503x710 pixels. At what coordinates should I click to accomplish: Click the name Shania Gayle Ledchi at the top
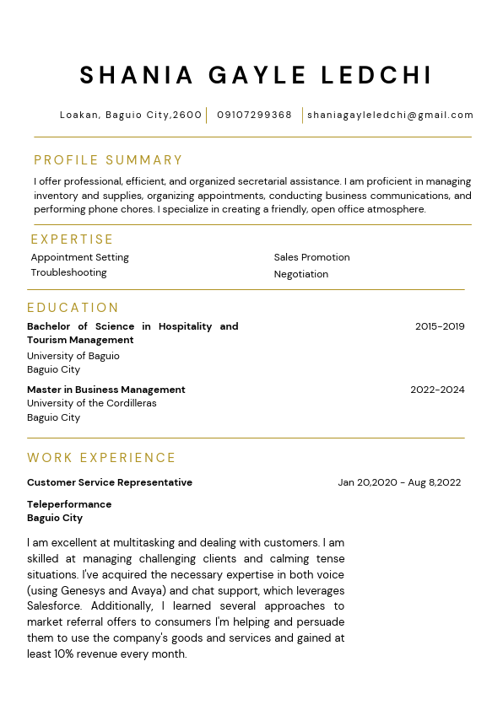256,75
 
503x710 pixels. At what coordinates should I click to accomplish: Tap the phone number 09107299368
254,115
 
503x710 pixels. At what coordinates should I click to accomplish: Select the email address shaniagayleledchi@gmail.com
390,115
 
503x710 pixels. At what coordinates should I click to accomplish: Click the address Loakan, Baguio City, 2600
131,115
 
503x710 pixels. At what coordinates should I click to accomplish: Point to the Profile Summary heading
108,160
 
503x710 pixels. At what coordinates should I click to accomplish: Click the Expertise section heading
72,239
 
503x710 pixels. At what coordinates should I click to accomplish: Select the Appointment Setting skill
80,257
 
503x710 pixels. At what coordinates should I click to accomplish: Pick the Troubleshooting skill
68,272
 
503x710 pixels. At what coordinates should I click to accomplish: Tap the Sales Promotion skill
311,257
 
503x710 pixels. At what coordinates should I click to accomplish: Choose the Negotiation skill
300,274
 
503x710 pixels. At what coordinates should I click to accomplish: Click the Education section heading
73,308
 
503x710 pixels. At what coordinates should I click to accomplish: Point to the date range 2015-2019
440,326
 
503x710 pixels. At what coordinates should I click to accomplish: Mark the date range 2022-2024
437,390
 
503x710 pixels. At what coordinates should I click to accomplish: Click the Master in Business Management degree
105,390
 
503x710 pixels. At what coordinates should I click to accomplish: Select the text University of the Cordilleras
91,403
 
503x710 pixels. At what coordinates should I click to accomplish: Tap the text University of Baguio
73,356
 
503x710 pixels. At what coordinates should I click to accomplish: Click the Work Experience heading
101,458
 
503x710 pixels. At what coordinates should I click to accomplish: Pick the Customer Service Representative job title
110,482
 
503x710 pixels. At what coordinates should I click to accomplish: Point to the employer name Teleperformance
69,504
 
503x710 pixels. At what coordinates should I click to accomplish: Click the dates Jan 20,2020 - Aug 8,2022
399,482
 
